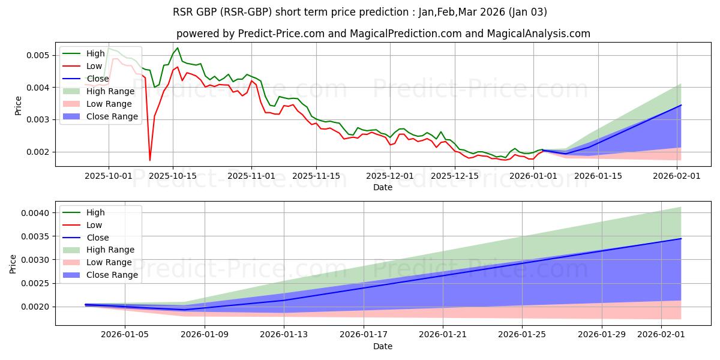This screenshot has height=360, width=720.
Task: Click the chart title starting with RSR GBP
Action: point(359,11)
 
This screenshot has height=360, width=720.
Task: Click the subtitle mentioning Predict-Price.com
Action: point(383,34)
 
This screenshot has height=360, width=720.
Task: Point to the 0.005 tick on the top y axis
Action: point(40,55)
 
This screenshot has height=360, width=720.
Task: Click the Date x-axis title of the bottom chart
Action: point(383,346)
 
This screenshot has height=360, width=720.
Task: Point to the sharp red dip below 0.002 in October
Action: point(150,160)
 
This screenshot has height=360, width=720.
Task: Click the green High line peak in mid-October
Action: point(177,48)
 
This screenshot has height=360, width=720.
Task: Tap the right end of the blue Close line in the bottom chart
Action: point(681,239)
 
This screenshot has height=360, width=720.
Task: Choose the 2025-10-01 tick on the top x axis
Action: point(109,176)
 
